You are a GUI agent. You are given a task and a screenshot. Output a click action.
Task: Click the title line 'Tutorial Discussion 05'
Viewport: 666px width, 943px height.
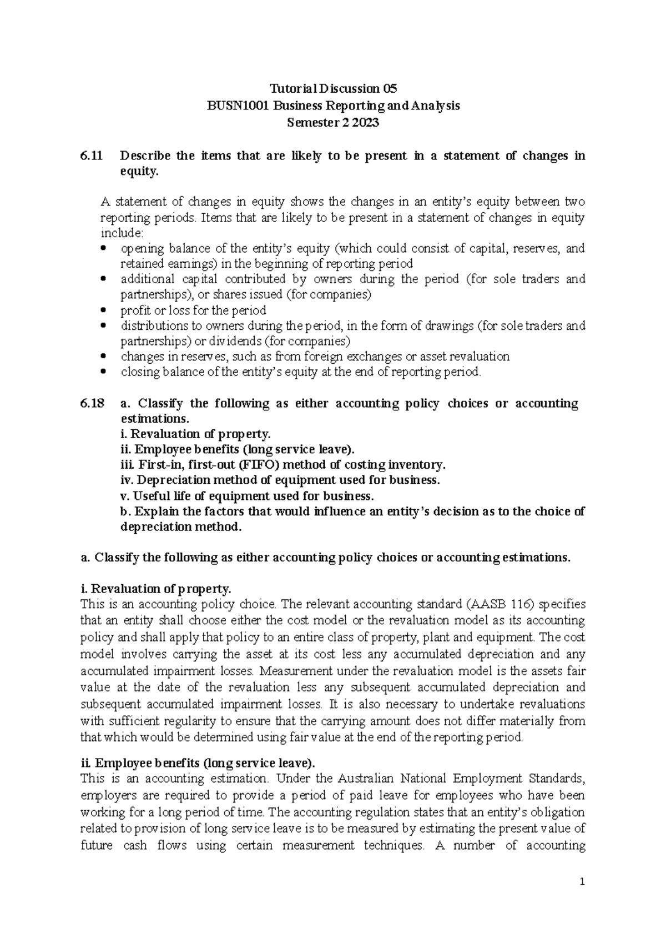click(x=333, y=89)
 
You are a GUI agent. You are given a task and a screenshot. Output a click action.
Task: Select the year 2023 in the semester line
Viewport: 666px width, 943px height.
click(x=365, y=123)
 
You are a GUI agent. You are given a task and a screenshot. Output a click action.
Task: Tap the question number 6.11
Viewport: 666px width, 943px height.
click(x=91, y=156)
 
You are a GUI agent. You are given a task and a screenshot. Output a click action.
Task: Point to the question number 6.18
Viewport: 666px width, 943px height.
click(x=92, y=404)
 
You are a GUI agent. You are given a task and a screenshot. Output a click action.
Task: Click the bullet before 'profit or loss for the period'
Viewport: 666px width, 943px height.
click(x=103, y=310)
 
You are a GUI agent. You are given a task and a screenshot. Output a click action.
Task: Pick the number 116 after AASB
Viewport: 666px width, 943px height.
click(x=523, y=604)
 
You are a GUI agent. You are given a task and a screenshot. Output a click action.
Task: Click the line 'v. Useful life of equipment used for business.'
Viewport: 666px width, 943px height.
click(x=247, y=496)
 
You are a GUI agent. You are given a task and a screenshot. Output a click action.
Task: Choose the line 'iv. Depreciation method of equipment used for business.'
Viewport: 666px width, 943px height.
click(x=280, y=480)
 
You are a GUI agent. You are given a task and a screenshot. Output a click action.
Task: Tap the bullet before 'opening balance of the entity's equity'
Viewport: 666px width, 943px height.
click(x=103, y=248)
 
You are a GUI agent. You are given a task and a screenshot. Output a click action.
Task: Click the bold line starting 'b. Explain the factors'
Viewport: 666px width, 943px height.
click(x=352, y=511)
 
